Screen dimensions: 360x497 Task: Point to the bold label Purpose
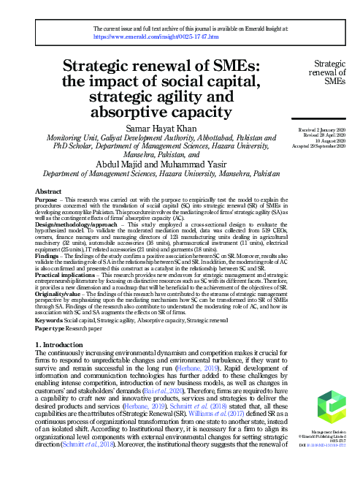[x=48, y=200]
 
